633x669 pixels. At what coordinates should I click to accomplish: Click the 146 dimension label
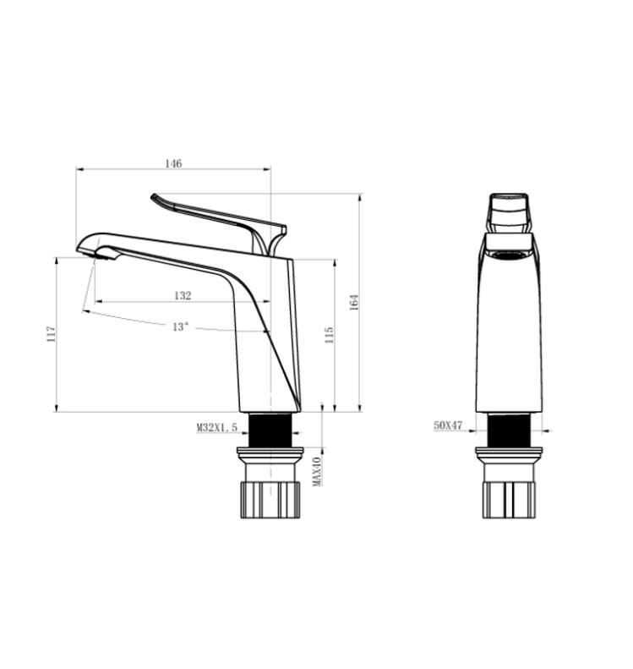173,163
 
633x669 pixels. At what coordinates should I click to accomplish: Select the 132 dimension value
183,295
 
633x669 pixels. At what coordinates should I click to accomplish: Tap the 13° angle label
180,327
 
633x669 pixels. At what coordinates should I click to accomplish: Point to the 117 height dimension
52,334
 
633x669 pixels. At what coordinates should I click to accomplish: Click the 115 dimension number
329,336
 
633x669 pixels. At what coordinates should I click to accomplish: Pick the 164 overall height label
354,303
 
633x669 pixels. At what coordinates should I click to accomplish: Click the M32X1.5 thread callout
216,427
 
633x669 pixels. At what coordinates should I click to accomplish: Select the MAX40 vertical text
317,471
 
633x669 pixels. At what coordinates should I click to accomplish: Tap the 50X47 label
448,425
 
